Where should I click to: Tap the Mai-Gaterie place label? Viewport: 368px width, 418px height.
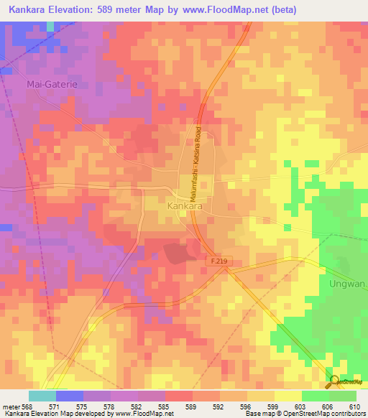click(x=51, y=84)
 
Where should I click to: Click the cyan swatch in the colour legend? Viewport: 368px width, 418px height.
click(x=42, y=396)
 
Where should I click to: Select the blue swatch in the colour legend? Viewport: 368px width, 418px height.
click(x=69, y=396)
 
